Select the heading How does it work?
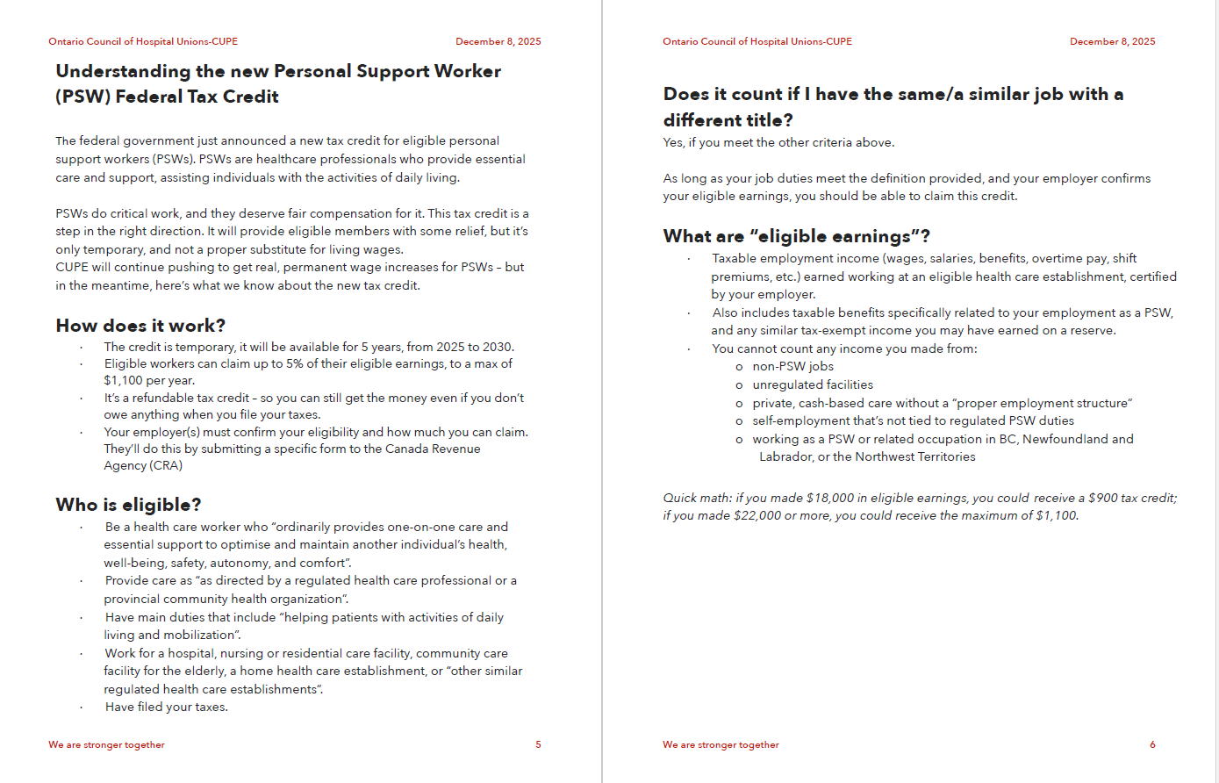click(x=140, y=326)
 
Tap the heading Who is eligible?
click(x=128, y=505)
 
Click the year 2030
click(x=497, y=347)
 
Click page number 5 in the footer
click(x=538, y=744)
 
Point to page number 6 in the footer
click(x=1152, y=744)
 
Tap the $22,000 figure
click(x=756, y=515)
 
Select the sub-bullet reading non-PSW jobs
click(x=792, y=367)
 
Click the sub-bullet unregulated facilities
click(x=813, y=384)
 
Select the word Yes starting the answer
click(x=673, y=142)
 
